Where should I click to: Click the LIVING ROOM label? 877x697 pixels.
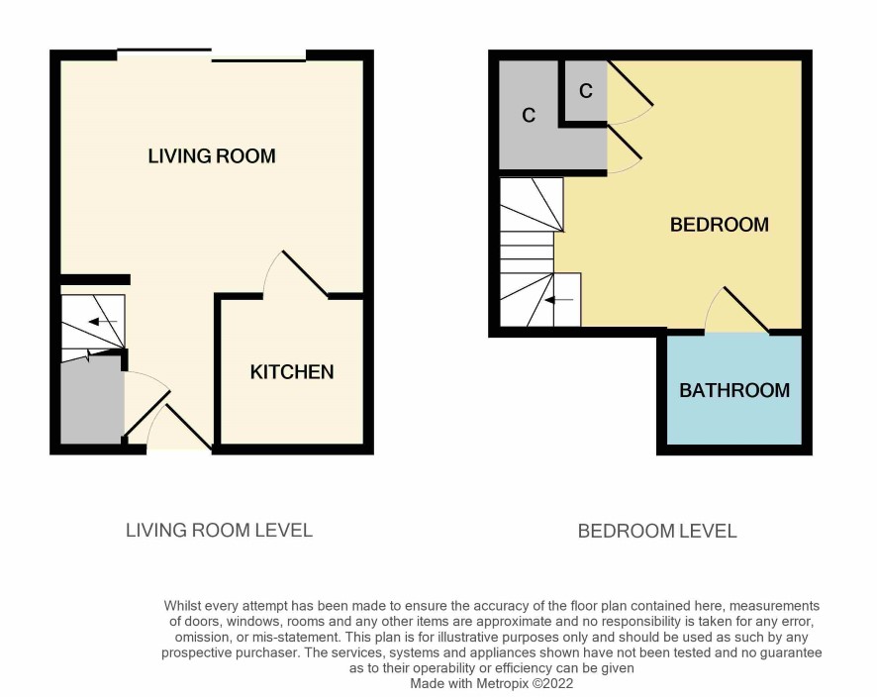click(212, 155)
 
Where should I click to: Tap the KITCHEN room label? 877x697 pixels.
click(291, 372)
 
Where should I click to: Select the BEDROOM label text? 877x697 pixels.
click(720, 225)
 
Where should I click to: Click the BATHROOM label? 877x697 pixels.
click(734, 390)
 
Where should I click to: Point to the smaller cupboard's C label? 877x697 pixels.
click(586, 91)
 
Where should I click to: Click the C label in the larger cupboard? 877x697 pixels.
click(529, 115)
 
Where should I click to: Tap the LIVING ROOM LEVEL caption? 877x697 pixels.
click(219, 531)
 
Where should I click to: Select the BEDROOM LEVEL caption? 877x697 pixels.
click(657, 531)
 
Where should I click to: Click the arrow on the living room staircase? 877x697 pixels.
click(102, 322)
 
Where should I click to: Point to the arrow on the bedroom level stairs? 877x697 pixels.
click(559, 300)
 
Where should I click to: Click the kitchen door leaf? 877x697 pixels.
click(305, 272)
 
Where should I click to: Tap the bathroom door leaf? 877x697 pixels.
click(746, 311)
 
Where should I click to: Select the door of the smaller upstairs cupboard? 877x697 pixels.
click(630, 83)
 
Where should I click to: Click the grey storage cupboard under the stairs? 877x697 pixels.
click(91, 400)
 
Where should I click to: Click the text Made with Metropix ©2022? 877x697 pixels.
click(492, 683)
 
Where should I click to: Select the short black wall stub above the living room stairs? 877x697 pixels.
click(95, 280)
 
